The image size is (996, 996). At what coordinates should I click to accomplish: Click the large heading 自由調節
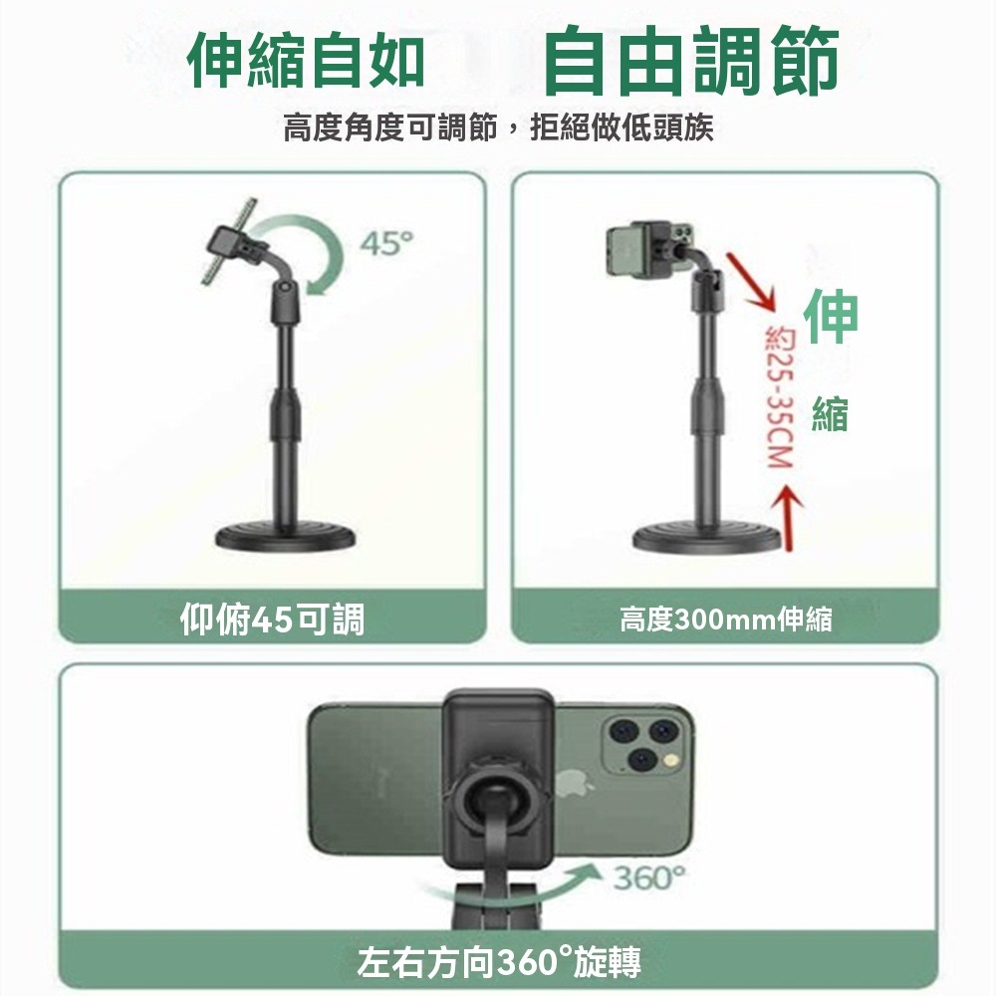[691, 62]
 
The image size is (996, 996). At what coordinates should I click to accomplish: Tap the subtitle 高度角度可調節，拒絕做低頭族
[498, 128]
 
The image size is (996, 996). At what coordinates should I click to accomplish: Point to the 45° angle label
[386, 242]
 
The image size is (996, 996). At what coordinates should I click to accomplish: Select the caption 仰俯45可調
[272, 620]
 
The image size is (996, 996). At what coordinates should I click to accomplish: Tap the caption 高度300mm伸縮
[725, 622]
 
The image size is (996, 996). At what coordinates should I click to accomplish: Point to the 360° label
[648, 879]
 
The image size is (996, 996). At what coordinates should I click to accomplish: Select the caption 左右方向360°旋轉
[499, 962]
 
